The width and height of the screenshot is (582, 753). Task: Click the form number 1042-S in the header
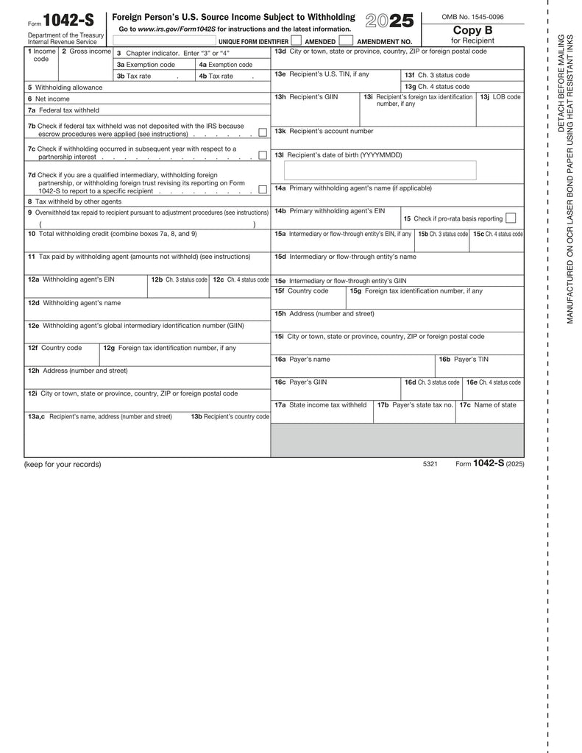[68, 21]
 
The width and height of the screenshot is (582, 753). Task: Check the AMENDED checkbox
[345, 40]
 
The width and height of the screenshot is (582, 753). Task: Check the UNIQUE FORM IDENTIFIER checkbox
[296, 40]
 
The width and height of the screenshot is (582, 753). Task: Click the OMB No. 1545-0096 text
[472, 16]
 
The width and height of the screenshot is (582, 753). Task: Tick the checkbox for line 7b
[263, 132]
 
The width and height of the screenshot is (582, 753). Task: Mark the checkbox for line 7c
[263, 156]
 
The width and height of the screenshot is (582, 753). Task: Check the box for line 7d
[263, 190]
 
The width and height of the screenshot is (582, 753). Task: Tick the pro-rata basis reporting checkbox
[511, 218]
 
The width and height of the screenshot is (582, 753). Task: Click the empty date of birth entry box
[380, 171]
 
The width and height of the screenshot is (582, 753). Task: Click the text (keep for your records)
[63, 464]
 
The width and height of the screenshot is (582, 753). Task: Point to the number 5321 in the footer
[430, 464]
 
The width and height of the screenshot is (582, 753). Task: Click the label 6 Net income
[49, 99]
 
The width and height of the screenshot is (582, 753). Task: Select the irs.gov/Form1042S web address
[177, 29]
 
